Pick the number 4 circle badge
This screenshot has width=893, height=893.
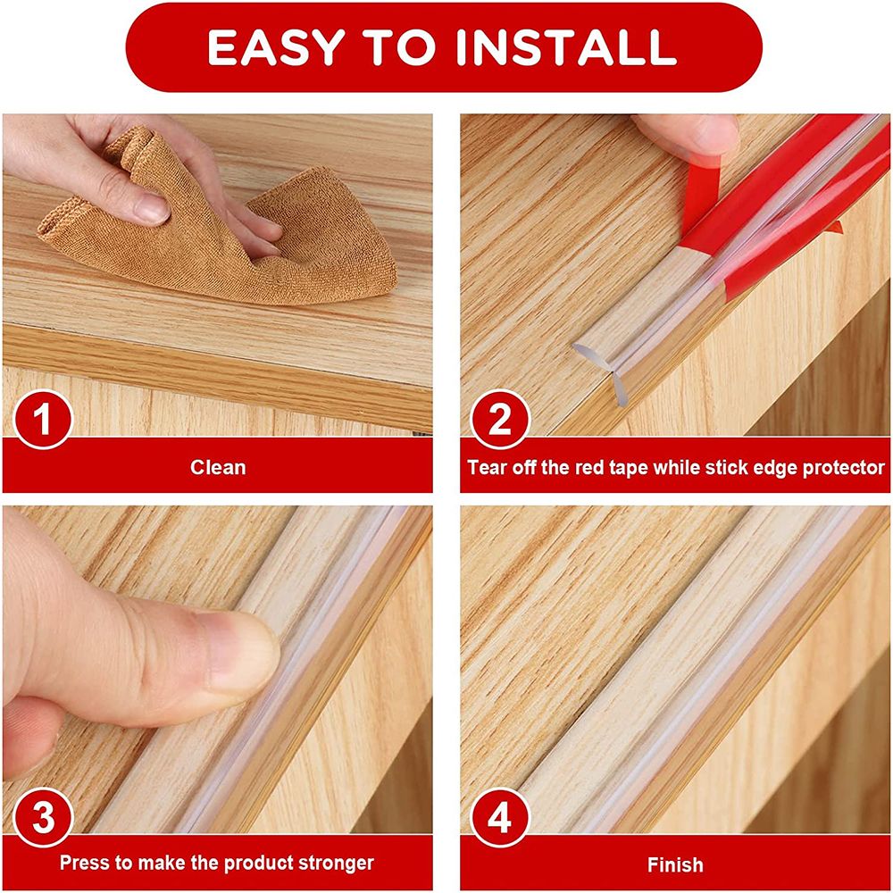[501, 818]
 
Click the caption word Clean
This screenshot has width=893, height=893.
[218, 467]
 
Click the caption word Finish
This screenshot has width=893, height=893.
[675, 864]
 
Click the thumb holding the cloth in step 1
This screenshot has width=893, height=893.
[134, 207]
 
